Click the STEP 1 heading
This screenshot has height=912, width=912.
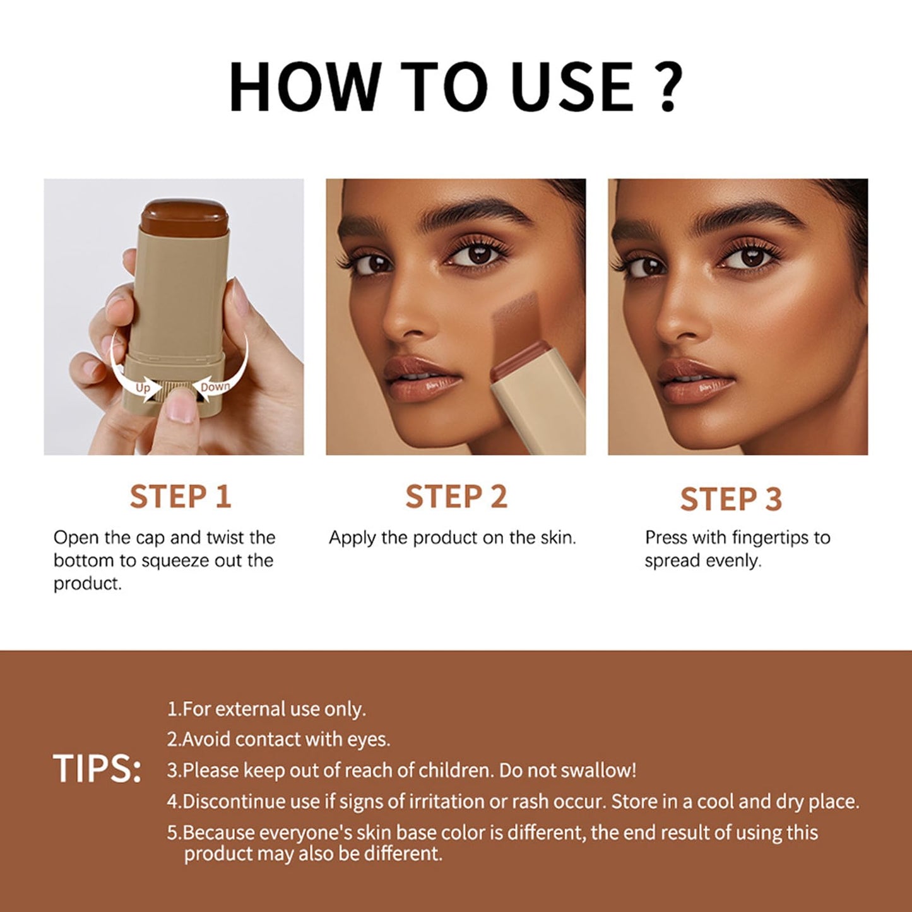181,497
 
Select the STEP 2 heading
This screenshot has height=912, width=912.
456,497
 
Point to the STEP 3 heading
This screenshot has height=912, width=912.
731,499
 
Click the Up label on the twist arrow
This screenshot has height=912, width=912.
143,388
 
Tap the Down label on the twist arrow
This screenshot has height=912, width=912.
215,387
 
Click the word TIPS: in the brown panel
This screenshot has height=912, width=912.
97,769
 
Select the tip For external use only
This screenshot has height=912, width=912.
266,709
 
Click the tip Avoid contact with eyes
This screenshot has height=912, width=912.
278,740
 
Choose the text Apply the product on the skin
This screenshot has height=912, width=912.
452,538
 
